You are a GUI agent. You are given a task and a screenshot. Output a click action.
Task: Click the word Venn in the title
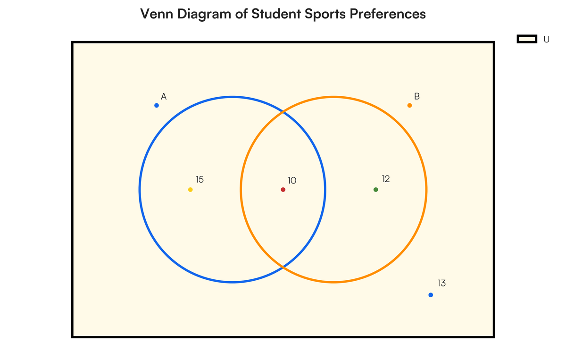pyautogui.click(x=157, y=14)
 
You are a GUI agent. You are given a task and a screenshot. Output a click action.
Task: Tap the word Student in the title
pyautogui.click(x=276, y=14)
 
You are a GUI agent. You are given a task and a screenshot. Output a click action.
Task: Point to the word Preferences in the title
pyautogui.click(x=388, y=14)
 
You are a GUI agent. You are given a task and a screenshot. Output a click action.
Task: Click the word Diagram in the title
pyautogui.click(x=204, y=15)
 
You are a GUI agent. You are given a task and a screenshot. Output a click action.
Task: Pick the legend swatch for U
pyautogui.click(x=527, y=39)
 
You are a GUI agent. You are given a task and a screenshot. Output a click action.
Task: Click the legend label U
pyautogui.click(x=546, y=40)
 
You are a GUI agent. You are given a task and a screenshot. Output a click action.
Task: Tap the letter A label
pyautogui.click(x=164, y=97)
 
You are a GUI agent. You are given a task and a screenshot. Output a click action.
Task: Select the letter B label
pyautogui.click(x=417, y=96)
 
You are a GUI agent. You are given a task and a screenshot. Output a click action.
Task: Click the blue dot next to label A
pyautogui.click(x=157, y=105)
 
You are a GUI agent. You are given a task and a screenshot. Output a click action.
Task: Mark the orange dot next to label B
pyautogui.click(x=409, y=105)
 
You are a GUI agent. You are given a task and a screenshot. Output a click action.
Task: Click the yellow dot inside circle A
pyautogui.click(x=191, y=190)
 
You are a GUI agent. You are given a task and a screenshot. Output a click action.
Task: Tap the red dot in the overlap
pyautogui.click(x=283, y=190)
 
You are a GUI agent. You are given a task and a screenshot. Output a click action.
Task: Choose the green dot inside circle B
pyautogui.click(x=376, y=190)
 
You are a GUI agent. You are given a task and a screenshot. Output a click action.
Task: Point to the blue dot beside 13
pyautogui.click(x=431, y=295)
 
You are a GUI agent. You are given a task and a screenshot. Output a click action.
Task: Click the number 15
pyautogui.click(x=200, y=179)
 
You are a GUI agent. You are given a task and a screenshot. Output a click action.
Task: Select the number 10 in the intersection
pyautogui.click(x=292, y=181)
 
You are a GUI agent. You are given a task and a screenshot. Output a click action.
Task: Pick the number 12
pyautogui.click(x=386, y=179)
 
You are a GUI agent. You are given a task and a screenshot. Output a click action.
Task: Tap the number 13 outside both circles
pyautogui.click(x=441, y=283)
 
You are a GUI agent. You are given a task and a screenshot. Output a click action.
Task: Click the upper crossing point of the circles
pyautogui.click(x=283, y=112)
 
